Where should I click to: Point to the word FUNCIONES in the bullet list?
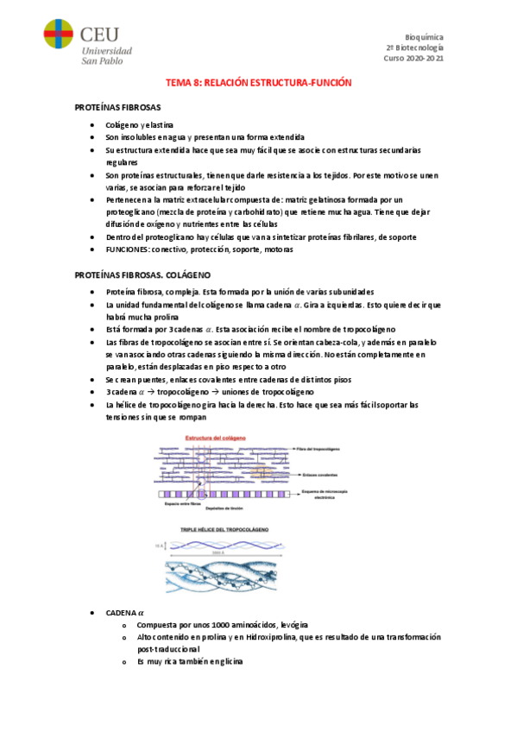(127, 249)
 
